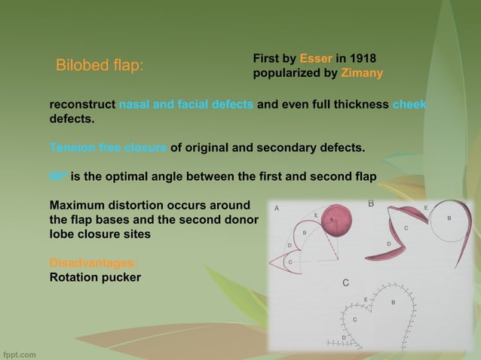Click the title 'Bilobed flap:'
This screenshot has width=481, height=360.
pyautogui.click(x=100, y=66)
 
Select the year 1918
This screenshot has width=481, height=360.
pyautogui.click(x=363, y=59)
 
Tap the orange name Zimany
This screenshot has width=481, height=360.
pyautogui.click(x=362, y=74)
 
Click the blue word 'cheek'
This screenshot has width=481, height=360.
pyautogui.click(x=409, y=105)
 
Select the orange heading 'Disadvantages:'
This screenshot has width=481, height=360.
pyautogui.click(x=93, y=263)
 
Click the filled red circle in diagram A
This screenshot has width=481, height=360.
pyautogui.click(x=336, y=221)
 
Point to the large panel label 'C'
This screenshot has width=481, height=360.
pyautogui.click(x=345, y=282)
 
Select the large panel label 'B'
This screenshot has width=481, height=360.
pyautogui.click(x=371, y=203)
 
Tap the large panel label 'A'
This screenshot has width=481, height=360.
pyautogui.click(x=277, y=207)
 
